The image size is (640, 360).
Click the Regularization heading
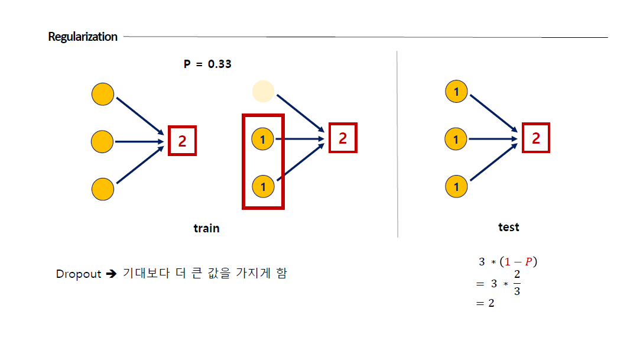coord(83,37)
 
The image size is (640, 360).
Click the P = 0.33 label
coord(207,64)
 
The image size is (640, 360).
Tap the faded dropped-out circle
coord(263,91)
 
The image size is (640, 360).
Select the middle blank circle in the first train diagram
coord(103,141)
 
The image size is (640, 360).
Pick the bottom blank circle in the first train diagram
coord(103,189)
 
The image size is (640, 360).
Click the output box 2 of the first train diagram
coord(182,141)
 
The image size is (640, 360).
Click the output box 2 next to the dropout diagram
coord(343,138)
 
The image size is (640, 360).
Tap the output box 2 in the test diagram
coord(536,138)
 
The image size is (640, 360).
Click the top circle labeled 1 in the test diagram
coord(456,92)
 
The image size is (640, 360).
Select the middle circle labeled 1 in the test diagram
coord(456,140)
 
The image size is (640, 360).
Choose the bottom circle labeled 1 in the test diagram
coord(456,187)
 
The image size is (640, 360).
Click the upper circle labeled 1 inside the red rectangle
coord(263,140)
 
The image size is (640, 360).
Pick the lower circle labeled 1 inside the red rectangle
coord(263,187)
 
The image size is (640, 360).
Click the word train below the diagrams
coord(206,228)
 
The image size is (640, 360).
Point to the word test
coord(508,227)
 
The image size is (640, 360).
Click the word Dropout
coord(79,274)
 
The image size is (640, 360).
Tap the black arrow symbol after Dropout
coord(112,274)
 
